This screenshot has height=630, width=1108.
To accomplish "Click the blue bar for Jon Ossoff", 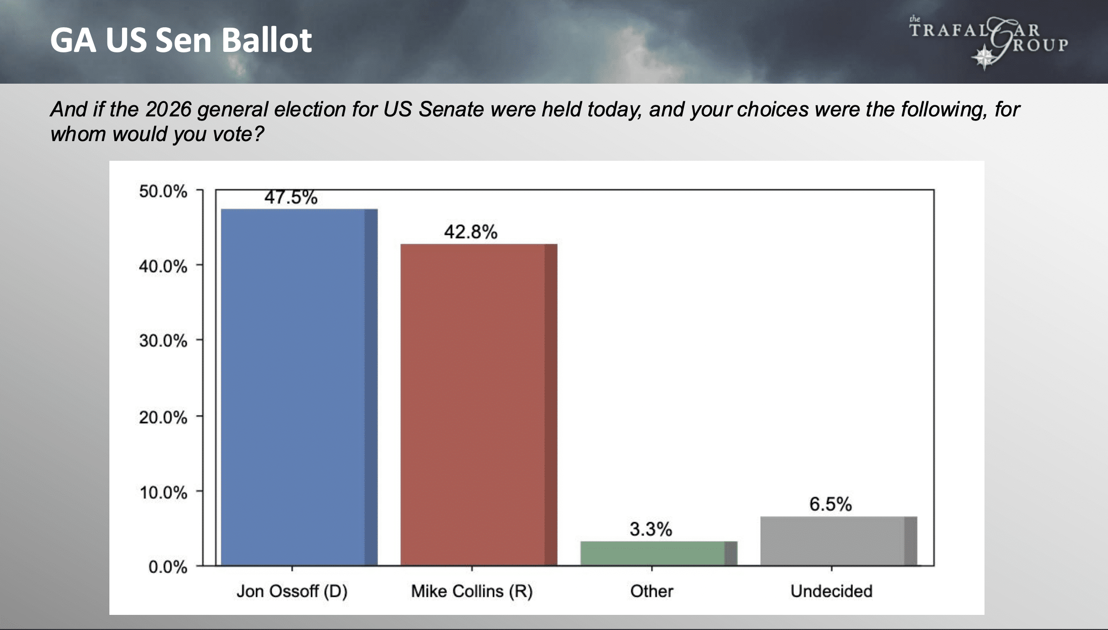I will [x=298, y=387].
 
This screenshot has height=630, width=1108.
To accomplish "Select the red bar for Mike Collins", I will [x=478, y=404].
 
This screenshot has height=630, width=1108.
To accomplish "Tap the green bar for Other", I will [x=658, y=553].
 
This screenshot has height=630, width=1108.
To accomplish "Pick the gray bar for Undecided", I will [x=838, y=541].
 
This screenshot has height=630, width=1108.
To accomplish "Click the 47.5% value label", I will [x=291, y=197].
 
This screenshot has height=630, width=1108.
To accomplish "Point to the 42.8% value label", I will [x=470, y=232].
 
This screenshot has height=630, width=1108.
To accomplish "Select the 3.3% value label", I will [x=650, y=529].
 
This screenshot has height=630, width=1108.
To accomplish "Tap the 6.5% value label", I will [x=830, y=504].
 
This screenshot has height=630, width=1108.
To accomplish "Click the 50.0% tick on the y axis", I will [x=163, y=192].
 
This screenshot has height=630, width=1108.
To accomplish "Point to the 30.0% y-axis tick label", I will [x=163, y=341].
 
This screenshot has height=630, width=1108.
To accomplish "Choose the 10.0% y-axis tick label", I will [x=163, y=492].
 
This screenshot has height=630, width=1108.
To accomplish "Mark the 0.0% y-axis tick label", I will [x=167, y=567].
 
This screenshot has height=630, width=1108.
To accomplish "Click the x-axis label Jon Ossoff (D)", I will [x=292, y=591].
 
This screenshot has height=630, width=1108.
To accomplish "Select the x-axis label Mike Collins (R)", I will [x=472, y=591].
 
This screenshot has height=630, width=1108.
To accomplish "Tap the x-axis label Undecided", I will [x=831, y=591].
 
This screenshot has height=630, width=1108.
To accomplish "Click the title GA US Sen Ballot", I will [x=181, y=40].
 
